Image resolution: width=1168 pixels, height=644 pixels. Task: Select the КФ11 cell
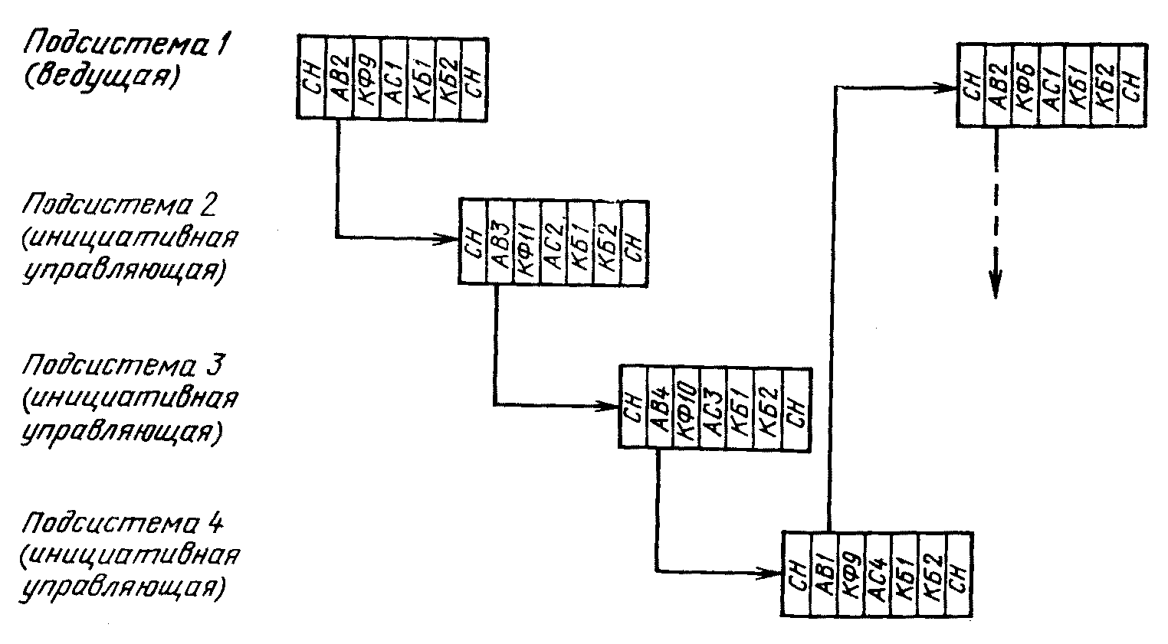[527, 243]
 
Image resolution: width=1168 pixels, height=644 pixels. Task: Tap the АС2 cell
[554, 243]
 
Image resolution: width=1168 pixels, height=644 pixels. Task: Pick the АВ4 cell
[660, 407]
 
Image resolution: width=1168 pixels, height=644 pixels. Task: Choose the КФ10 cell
[687, 407]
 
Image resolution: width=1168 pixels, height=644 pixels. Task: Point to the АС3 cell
[714, 407]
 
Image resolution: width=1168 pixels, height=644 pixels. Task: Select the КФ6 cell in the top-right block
[1025, 85]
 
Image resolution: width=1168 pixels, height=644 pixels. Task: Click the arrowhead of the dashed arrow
[995, 288]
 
